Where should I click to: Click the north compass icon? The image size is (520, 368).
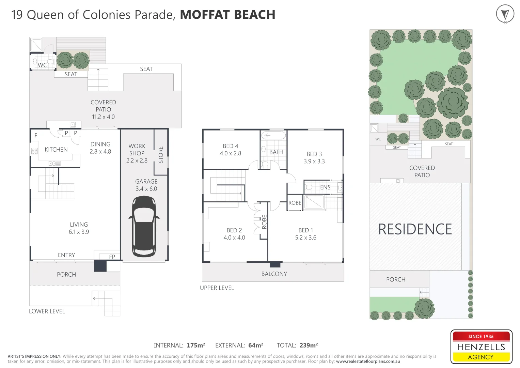[x=505, y=14]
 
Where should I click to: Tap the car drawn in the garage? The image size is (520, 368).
[x=144, y=226]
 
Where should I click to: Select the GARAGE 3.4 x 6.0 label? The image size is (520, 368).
[x=146, y=185]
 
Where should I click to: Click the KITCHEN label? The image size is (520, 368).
[x=56, y=150]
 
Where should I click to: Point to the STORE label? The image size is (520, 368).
[x=161, y=155]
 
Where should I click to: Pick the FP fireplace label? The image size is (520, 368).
[x=112, y=257]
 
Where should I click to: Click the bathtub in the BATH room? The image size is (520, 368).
[x=273, y=136]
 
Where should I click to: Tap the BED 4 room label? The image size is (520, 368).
[x=230, y=150]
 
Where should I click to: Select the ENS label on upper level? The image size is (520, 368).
[x=325, y=187]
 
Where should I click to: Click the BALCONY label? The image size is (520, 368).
[x=274, y=274]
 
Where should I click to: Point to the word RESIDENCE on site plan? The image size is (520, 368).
[x=415, y=229]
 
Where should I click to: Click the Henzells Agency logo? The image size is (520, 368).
[x=481, y=347]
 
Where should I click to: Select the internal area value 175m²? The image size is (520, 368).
[x=196, y=346]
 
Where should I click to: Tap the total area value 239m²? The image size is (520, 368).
[x=309, y=346]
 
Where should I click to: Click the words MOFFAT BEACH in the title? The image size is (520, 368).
[x=227, y=15]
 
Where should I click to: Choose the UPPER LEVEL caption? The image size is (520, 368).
[x=217, y=288]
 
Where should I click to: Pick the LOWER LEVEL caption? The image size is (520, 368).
[x=47, y=311]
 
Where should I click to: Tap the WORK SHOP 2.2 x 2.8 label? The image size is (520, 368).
[x=137, y=153]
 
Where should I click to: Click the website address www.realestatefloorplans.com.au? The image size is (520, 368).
[x=368, y=362]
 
